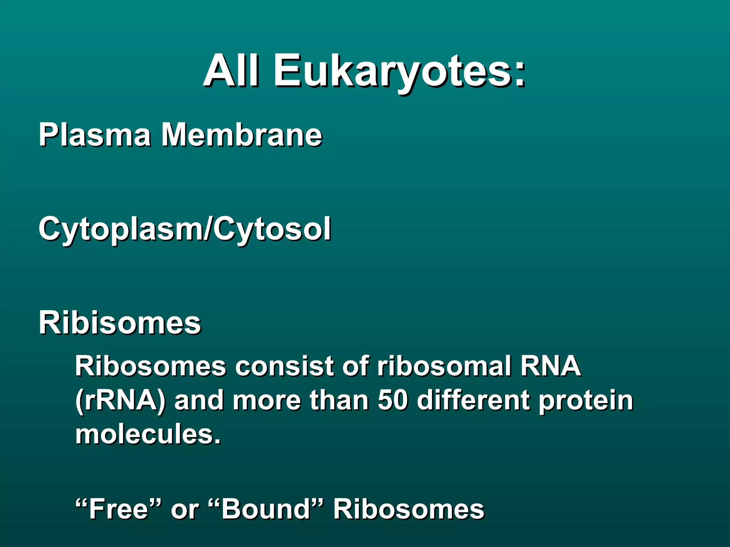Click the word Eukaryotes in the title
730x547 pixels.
click(x=392, y=71)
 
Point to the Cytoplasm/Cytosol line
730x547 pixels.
click(x=185, y=230)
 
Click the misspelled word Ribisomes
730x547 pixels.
click(x=120, y=323)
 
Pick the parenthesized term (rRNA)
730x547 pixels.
click(x=120, y=401)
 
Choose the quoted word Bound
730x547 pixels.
click(x=266, y=509)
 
